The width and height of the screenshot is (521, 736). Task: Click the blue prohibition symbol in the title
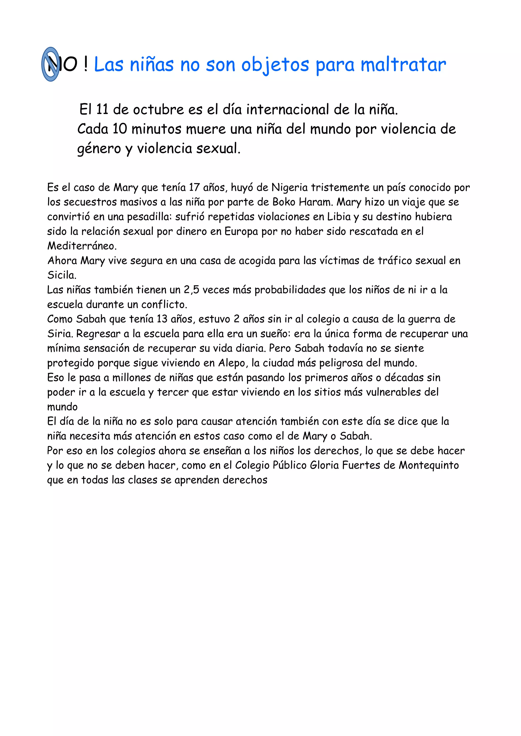51,64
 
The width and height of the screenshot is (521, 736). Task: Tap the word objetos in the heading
275,65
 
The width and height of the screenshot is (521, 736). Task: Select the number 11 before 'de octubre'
102,110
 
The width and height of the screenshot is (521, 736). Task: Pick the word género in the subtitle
99,149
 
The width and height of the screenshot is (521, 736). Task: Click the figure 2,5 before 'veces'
192,290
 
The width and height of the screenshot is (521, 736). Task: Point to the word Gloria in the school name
324,465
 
